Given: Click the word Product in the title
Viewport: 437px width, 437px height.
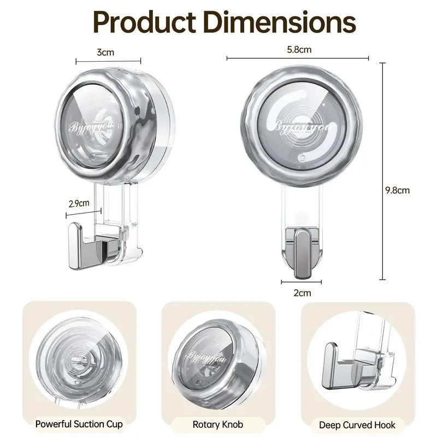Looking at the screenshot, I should (x=140, y=23).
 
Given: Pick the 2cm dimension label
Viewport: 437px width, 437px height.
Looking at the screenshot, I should (x=302, y=293).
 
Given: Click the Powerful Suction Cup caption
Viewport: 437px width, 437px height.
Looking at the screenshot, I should (x=79, y=423).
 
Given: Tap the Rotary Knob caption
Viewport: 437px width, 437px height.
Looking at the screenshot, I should (x=218, y=423).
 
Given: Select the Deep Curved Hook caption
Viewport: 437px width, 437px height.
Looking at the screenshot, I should (x=358, y=424).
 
